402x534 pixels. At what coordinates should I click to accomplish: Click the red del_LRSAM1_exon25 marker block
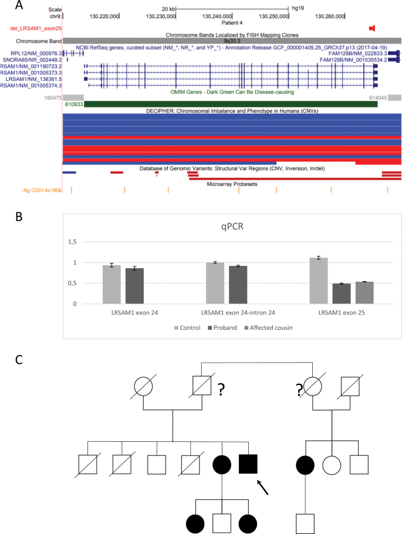371,28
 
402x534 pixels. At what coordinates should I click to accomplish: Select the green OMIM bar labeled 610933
220,104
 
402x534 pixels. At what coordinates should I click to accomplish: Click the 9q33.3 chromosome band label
232,41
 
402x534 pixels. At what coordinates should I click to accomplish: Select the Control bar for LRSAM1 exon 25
318,280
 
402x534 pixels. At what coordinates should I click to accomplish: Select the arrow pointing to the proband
262,486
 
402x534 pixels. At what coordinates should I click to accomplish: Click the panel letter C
20,359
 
